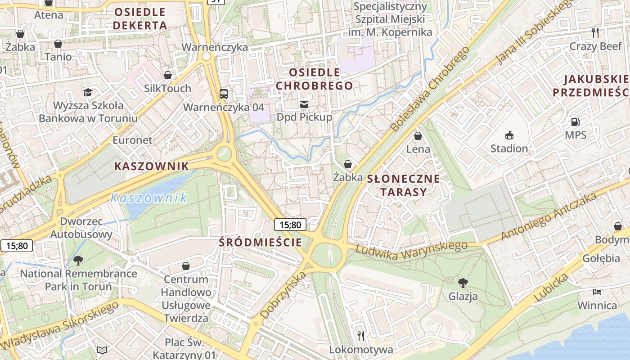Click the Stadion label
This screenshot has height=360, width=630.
[509, 148]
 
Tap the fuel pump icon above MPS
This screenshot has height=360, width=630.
[575, 121]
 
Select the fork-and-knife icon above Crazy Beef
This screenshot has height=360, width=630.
[595, 32]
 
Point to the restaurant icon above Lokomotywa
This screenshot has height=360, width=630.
[360, 336]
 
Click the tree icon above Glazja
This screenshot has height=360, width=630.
[463, 283]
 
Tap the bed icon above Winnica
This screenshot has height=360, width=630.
[597, 292]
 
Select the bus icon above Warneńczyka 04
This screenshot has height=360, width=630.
[224, 94]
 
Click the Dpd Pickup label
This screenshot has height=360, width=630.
[304, 117]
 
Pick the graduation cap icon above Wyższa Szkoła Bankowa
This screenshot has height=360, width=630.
[88, 92]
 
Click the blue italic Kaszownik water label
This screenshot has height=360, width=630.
[148, 198]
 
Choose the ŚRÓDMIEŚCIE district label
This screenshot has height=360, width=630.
[260, 242]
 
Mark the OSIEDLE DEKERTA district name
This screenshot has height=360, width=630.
[139, 18]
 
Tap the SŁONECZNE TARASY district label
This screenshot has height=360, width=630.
[404, 185]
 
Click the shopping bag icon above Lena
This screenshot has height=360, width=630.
[418, 135]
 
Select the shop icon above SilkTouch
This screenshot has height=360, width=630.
[168, 75]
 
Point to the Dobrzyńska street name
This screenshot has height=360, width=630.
[283, 295]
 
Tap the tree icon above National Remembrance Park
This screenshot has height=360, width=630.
[78, 260]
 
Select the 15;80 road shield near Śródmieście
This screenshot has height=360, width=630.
[290, 225]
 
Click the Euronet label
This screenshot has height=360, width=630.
[132, 140]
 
